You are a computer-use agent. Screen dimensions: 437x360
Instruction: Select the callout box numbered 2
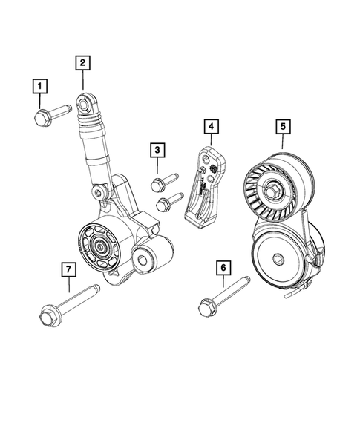pos(83,63)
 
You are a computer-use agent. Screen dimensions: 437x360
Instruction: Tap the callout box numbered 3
pos(156,151)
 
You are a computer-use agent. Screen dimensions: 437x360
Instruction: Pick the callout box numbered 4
pos(212,127)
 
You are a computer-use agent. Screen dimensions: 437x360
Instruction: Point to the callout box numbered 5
pos(283,127)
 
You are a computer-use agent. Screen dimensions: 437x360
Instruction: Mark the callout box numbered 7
pos(68,269)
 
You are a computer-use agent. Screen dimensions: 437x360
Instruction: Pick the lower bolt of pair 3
pos(169,201)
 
